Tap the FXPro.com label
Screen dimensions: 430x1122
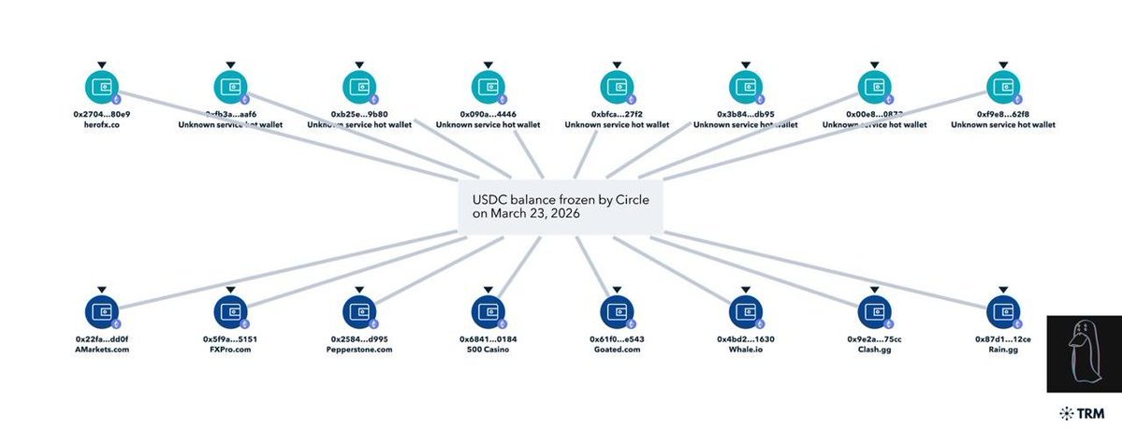[229, 349]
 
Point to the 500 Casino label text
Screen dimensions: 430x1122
[488, 349]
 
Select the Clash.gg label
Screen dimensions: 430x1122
[874, 349]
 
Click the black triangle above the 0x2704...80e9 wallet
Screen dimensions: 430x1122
[102, 64]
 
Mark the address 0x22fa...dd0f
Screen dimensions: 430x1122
[102, 338]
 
